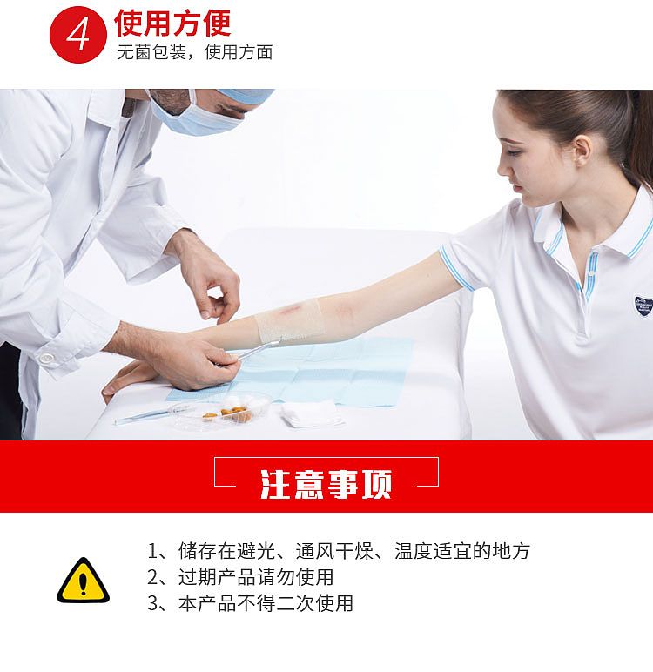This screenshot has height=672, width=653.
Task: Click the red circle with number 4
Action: click(80, 36)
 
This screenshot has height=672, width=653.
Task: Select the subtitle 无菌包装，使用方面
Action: click(195, 53)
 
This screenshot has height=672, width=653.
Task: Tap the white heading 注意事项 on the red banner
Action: click(326, 483)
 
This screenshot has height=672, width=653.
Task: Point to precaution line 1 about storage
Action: click(339, 551)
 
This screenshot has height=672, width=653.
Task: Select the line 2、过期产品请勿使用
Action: click(239, 577)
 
